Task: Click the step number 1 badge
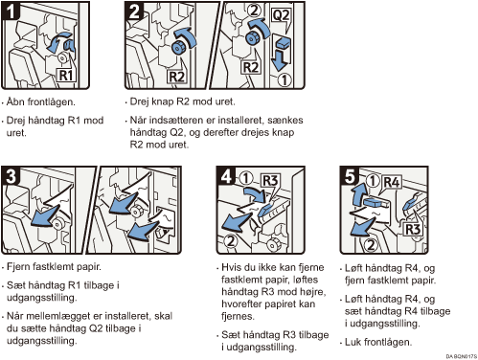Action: (x=11, y=11)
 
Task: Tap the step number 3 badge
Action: (x=11, y=176)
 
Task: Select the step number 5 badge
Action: (x=350, y=176)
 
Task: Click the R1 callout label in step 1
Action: (x=66, y=75)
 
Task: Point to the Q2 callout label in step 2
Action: (x=281, y=15)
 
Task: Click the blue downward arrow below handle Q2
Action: (x=279, y=59)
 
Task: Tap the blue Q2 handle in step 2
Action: (x=282, y=42)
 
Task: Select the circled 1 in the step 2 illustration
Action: (x=284, y=79)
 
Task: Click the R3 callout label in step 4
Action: (x=270, y=181)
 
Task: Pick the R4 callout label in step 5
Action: (x=392, y=182)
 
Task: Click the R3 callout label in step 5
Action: (x=413, y=229)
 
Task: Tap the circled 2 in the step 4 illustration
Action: (x=231, y=240)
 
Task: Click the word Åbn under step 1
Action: (x=15, y=101)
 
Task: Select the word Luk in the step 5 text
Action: (x=353, y=342)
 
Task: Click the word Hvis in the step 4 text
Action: (x=232, y=267)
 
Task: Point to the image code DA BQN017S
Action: (x=462, y=356)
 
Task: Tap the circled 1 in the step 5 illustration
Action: (x=373, y=181)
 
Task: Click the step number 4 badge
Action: (x=226, y=176)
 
